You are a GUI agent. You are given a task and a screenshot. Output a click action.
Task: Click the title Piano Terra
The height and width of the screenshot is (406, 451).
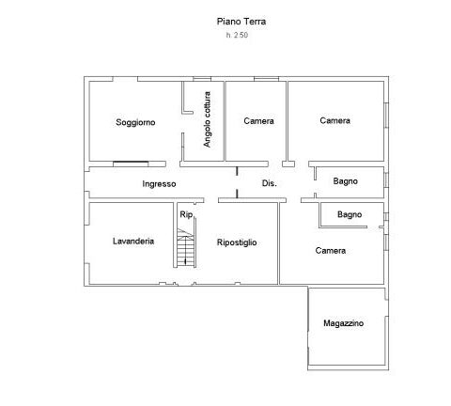coord(241,22)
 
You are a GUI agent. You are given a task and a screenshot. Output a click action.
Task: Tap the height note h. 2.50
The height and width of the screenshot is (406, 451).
coord(237,35)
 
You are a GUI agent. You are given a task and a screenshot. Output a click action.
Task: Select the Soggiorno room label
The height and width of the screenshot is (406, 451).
coord(135,122)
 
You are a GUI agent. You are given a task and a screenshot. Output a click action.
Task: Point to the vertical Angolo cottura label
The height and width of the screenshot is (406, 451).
coord(207,119)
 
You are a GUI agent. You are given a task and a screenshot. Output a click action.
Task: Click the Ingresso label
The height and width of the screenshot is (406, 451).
coord(159,184)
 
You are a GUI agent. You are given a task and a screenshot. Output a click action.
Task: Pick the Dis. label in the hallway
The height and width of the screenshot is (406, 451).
coord(270,183)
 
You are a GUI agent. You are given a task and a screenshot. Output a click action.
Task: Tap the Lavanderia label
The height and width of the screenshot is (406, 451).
coord(133,241)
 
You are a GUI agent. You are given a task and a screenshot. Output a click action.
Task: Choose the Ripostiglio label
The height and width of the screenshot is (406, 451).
coord(237,242)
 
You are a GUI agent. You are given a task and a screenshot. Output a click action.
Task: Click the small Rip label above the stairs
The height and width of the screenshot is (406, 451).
coord(186,214)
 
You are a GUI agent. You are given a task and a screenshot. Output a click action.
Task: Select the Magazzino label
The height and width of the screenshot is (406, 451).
coord(343,323)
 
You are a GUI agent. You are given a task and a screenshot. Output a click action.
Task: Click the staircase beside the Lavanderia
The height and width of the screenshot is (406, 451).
coord(186,248)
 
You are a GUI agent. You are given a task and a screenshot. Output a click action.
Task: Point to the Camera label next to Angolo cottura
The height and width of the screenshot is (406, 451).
coord(258,121)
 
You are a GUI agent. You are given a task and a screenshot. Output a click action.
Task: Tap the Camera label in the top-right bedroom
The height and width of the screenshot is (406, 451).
coord(334,120)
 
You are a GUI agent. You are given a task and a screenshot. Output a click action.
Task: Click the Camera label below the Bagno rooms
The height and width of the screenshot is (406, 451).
coord(331,251)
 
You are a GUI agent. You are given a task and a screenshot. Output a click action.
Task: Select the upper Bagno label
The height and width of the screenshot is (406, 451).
coord(345,181)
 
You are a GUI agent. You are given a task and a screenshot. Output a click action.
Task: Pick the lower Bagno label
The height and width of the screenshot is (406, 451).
coord(350,214)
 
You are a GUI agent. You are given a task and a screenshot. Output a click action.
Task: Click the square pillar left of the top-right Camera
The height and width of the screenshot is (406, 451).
coord(288,164)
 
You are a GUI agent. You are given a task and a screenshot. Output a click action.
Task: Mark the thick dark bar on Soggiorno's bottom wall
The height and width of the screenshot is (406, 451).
coord(131,163)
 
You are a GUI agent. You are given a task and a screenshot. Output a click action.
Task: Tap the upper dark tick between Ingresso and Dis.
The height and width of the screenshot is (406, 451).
coord(237,171)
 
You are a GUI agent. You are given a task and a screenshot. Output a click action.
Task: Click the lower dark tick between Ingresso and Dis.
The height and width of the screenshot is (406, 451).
coord(237,194)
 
